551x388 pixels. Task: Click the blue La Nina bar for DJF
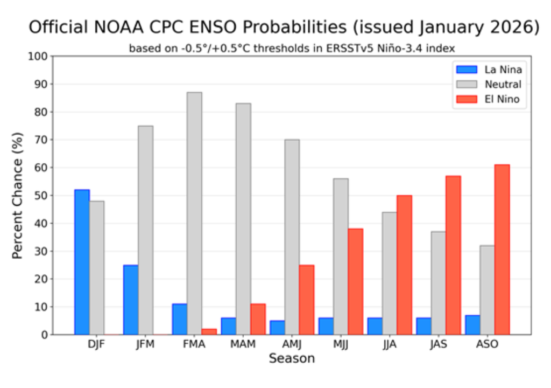pos(82,262)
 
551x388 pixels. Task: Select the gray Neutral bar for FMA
pos(194,213)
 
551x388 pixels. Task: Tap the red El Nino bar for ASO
pos(502,250)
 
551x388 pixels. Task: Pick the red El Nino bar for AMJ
pos(307,300)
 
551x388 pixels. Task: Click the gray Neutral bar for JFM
pos(145,230)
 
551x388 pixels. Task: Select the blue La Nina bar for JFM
pos(131,300)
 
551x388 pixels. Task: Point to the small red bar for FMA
pos(209,331)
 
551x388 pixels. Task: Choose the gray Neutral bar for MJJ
pos(341,257)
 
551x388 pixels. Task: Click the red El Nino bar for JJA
pos(404,265)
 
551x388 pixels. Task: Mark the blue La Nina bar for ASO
pos(472,324)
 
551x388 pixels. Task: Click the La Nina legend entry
pos(503,70)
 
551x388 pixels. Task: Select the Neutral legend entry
pos(503,84)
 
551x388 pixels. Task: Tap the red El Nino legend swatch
pos(466,99)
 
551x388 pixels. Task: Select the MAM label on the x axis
pos(243,345)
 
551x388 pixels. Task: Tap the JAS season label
pos(438,345)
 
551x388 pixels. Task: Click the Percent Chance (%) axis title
pos(18,195)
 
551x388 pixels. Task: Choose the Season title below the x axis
pos(292,358)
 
